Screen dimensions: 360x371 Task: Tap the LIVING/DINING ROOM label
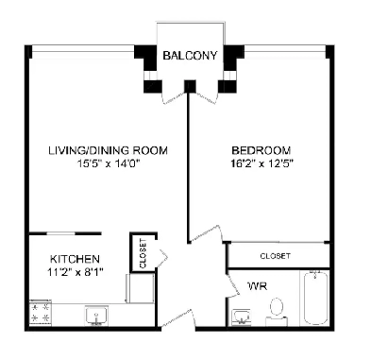[109, 150]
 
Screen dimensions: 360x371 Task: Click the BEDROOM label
[261, 150]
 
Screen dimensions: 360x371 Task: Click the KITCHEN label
[75, 259]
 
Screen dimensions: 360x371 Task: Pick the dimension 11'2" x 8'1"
[75, 272]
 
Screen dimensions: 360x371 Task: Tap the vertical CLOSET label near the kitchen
[143, 253]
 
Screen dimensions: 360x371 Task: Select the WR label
[255, 284]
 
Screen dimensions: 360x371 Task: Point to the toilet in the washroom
[277, 308]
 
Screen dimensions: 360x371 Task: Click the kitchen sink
[94, 314]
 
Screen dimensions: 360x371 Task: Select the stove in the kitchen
[40, 313]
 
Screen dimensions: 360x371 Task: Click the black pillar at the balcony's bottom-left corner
[152, 87]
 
